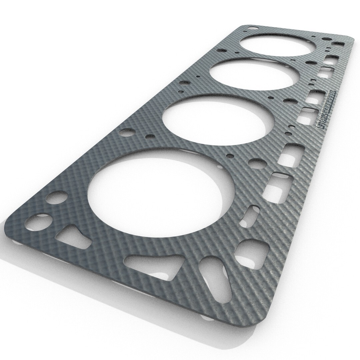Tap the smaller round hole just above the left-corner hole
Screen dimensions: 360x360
[54, 198]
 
